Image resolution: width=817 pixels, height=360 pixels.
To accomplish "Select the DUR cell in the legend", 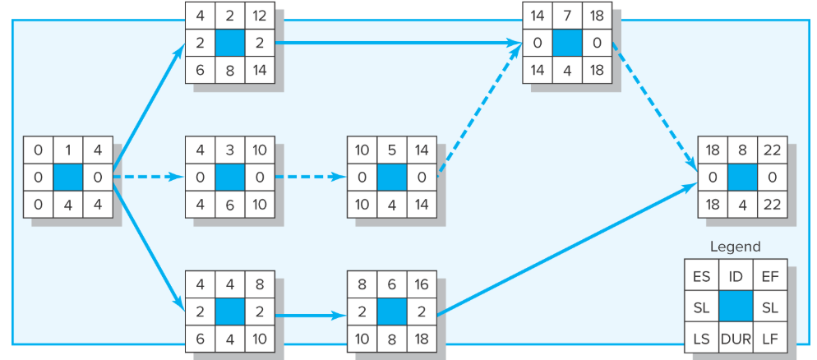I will [x=736, y=337].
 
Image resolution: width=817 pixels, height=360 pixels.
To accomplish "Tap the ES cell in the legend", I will [x=701, y=278].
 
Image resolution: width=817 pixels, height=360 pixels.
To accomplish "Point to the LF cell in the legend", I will [x=770, y=337].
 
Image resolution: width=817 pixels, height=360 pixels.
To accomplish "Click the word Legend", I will [x=735, y=247].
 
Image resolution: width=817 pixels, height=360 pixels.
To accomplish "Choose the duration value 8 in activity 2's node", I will [x=230, y=70].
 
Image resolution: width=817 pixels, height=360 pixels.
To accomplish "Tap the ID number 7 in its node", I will [x=566, y=16].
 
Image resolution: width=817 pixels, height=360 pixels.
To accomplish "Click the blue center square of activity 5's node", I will [x=391, y=177].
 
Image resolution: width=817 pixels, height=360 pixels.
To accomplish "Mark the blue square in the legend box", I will [x=736, y=307].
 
